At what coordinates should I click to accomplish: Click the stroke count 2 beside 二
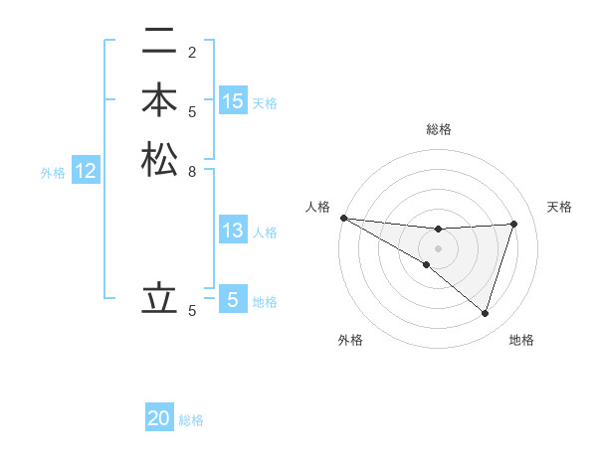tap(191, 53)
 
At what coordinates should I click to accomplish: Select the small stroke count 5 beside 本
tap(191, 111)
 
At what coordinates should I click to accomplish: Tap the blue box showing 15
tap(233, 100)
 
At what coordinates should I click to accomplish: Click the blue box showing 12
tap(86, 171)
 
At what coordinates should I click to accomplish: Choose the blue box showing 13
tap(233, 232)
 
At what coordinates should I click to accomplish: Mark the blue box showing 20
tap(159, 418)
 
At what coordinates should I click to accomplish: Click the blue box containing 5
tap(233, 298)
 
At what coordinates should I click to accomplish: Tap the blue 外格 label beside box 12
tap(53, 172)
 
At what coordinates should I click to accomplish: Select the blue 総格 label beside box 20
tap(191, 420)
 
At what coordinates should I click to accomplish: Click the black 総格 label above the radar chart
tap(438, 129)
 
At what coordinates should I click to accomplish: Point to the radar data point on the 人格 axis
tap(343, 217)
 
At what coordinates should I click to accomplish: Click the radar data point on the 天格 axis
tap(514, 224)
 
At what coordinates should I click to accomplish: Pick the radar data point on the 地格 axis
tap(485, 313)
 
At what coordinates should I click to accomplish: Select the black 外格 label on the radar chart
tap(350, 340)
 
